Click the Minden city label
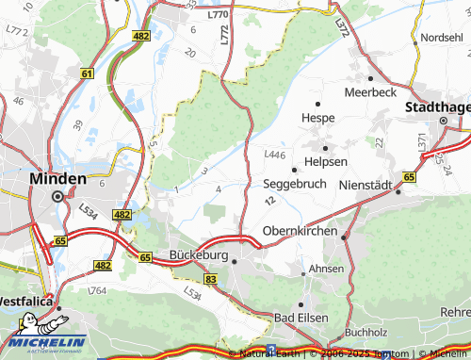58,178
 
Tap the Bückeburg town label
201,254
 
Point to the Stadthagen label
437,107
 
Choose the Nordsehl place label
442,37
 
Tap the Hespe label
317,118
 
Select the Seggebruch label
295,184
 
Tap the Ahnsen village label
326,269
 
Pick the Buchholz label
366,333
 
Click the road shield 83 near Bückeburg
210,280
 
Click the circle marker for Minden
57,196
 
